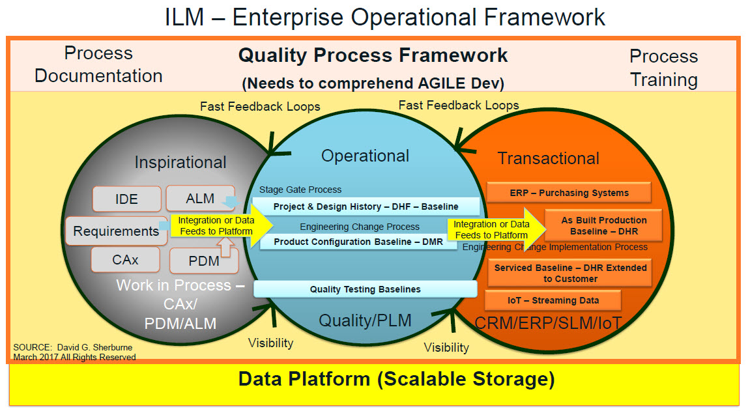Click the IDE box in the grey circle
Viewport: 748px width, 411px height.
point(127,199)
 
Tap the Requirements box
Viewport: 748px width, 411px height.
point(116,231)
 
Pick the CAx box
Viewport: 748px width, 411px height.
point(125,259)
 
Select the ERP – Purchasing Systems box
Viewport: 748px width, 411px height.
point(569,193)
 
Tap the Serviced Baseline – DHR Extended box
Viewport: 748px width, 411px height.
point(570,273)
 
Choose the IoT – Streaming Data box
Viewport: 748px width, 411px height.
point(553,300)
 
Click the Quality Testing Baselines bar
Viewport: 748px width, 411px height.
point(365,289)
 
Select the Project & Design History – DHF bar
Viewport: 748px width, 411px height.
point(366,206)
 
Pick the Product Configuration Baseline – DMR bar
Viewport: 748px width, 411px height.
point(358,242)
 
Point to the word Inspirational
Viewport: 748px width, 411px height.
point(180,162)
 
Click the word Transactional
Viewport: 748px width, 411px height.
point(548,158)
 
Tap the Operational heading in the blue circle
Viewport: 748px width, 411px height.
point(365,156)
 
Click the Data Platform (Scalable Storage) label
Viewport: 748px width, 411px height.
point(396,379)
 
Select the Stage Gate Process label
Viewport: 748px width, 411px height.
point(300,190)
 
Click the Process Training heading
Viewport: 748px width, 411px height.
point(663,68)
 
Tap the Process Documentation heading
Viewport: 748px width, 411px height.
point(98,64)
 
